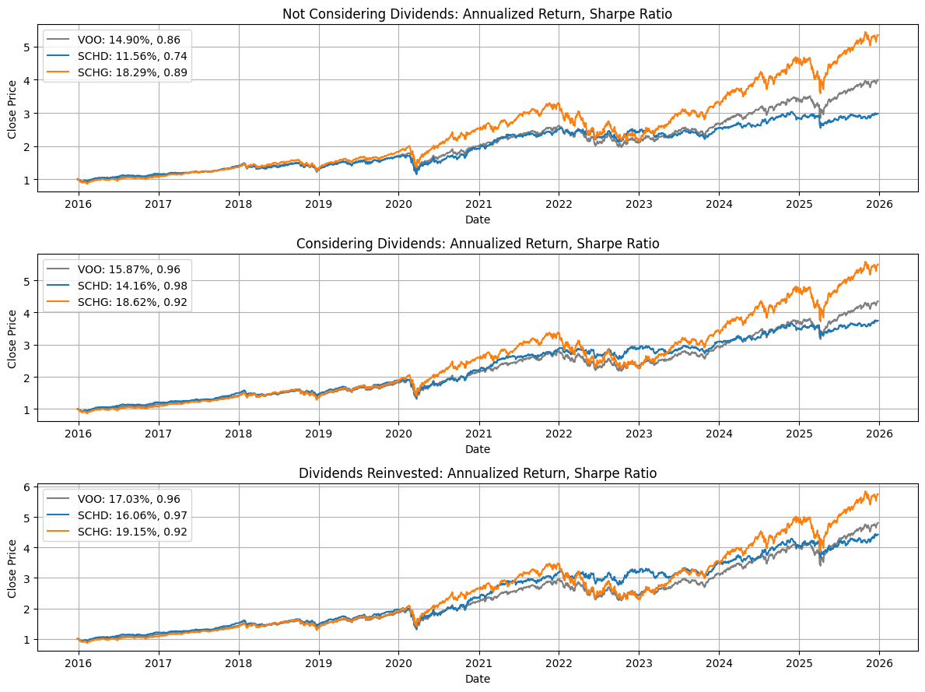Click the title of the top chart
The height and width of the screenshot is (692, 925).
[478, 14]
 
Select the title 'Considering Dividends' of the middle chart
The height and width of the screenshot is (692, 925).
[478, 244]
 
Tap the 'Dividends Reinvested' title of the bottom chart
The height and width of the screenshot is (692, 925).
[478, 472]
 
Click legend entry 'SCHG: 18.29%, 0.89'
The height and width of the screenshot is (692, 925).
[131, 72]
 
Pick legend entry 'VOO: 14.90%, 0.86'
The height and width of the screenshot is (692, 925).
[130, 39]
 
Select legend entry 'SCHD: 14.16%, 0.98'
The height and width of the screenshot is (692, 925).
[131, 285]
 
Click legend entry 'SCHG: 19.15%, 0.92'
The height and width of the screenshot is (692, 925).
[131, 532]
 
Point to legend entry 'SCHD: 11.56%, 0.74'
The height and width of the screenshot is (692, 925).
[131, 56]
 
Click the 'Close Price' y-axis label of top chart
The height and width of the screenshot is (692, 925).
[12, 108]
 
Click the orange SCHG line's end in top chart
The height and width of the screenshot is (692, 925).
[878, 35]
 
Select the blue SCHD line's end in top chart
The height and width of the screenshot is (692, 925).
[878, 114]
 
